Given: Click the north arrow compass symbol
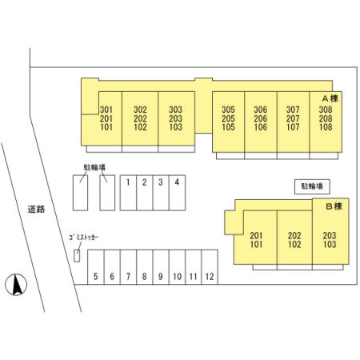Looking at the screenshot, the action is [16, 285].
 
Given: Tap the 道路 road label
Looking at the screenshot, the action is [36, 209].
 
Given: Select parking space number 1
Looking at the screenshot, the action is [128, 193].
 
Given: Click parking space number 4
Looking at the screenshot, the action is [177, 193].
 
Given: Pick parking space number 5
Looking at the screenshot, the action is [96, 267].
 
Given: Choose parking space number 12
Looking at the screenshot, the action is [210, 267].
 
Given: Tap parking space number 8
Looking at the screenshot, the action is [145, 267].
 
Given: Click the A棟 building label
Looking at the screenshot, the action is [330, 98].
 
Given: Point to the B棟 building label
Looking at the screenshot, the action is [334, 206].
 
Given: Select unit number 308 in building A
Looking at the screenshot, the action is [326, 110].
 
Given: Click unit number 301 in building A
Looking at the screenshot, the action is [106, 110].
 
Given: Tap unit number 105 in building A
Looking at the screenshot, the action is [228, 127].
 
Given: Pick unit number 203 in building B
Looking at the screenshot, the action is [330, 235].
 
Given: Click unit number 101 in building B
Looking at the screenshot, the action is [256, 244].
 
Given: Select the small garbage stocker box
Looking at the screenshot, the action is [77, 255].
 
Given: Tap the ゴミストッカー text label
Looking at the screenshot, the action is [84, 238].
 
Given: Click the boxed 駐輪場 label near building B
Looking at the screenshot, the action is [312, 186].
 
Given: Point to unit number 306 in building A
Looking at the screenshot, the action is [261, 110].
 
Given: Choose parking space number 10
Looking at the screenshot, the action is [177, 267].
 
